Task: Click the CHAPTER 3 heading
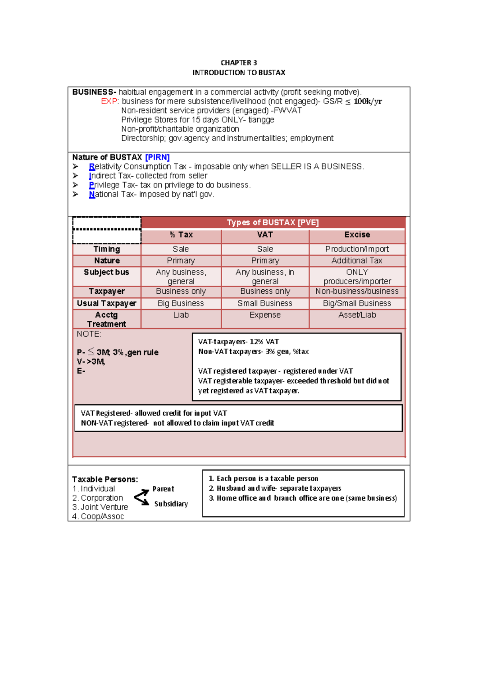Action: coord(239,63)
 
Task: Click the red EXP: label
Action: coord(110,101)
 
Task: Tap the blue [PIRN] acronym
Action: coord(157,157)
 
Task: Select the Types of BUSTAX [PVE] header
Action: coord(273,222)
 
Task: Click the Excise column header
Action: coord(357,235)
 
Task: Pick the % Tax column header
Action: coord(181,235)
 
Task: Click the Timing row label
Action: coord(106,249)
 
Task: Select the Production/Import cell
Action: coord(357,249)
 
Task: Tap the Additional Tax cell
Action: coord(357,261)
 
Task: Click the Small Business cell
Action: coord(265,303)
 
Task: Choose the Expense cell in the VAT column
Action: coord(265,315)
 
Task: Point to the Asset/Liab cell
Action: coord(357,315)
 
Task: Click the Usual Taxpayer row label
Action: coord(106,303)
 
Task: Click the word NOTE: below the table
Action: coord(89,334)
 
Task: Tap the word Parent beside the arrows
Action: coord(163,489)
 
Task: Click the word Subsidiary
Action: coord(171,504)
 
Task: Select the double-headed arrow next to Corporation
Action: coord(141,497)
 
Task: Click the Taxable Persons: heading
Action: coord(105,479)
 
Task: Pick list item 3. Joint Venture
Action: coord(100,507)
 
